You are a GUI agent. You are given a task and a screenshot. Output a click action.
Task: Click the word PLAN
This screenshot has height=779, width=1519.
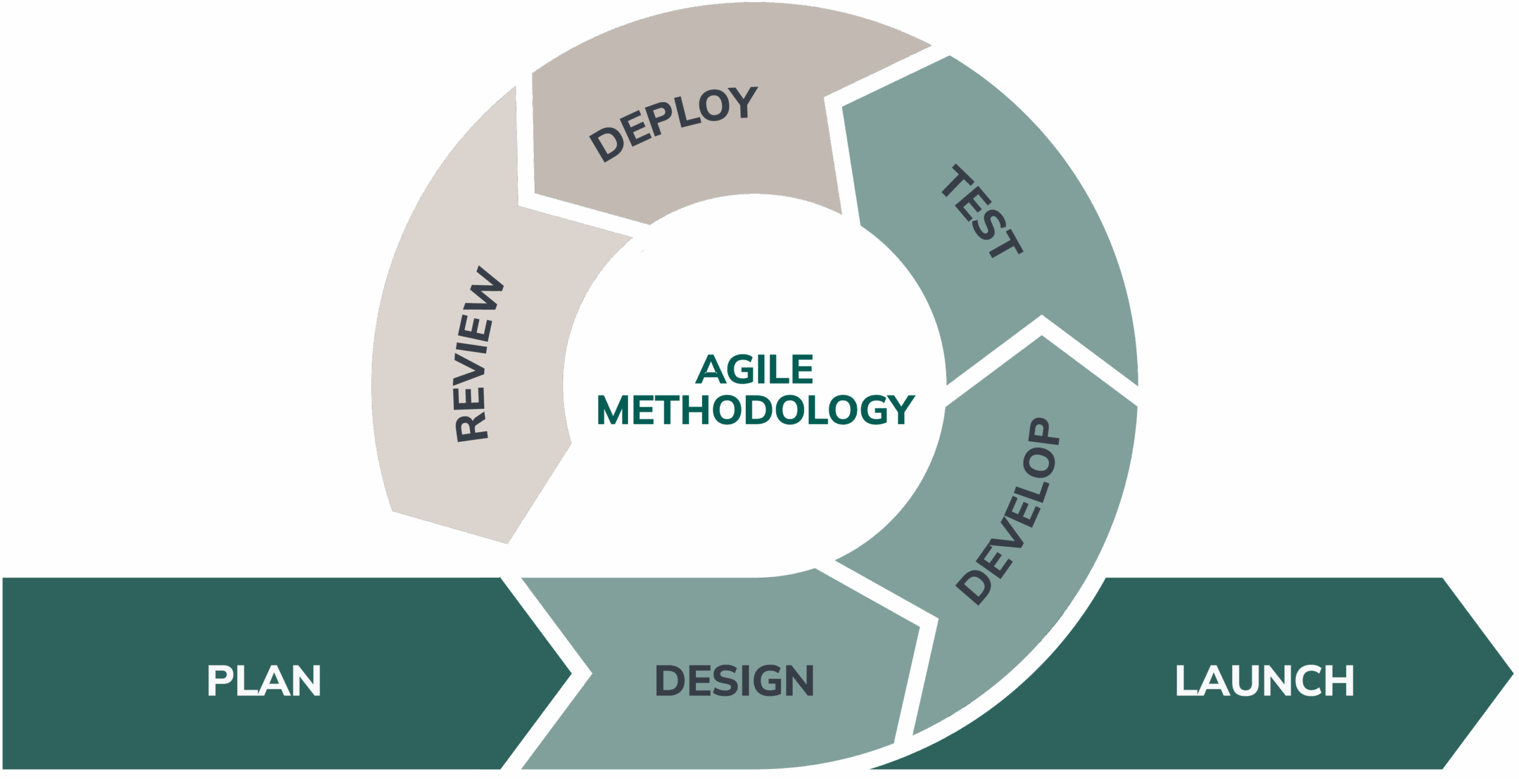coord(263,680)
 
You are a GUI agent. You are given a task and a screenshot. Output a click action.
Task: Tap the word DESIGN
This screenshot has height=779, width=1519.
coord(734,680)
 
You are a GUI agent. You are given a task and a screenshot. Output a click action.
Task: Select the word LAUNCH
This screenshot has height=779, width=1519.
coord(1264,680)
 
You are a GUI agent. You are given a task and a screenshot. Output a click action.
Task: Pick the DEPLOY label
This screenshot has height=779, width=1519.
coord(673,124)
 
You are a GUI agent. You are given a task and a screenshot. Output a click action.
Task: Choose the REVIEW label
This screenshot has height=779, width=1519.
coord(478,354)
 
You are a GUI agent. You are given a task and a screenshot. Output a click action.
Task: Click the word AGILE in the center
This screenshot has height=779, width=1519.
coord(754,370)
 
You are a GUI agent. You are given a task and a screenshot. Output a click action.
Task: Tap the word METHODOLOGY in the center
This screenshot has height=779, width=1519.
coord(755,410)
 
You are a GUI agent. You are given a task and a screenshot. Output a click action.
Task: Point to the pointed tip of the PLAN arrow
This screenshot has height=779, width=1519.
coord(571,673)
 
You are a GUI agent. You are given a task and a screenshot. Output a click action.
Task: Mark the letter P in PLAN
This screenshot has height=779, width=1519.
coord(219,680)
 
